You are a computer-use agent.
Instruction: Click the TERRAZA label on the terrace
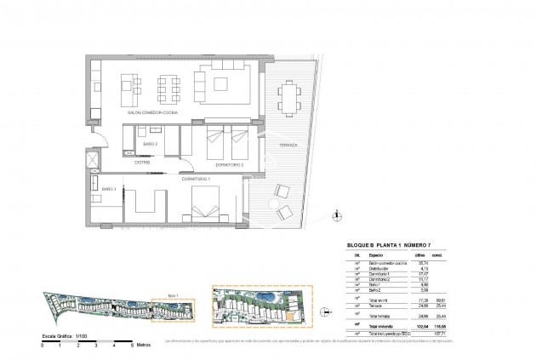point(287,146)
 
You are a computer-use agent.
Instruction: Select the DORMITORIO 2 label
point(229,164)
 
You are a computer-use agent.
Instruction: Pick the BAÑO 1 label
point(108,188)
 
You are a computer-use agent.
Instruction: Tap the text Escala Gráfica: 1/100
point(60,336)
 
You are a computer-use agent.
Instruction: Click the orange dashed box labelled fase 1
point(174,302)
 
